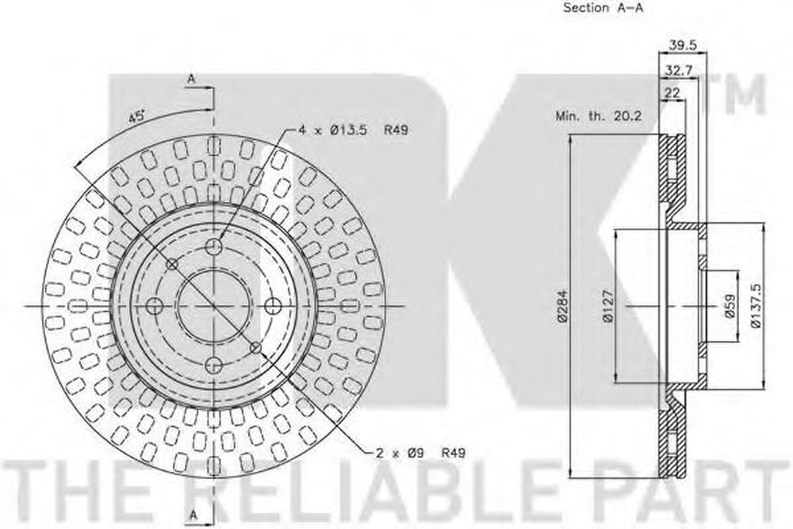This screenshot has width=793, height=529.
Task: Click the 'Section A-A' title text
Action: [x=603, y=8]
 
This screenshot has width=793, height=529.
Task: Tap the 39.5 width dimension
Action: [x=683, y=45]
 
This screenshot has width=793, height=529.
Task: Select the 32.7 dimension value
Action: [x=678, y=71]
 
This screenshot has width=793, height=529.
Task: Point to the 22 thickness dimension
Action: [x=672, y=93]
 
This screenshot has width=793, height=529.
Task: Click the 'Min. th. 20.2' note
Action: [x=598, y=116]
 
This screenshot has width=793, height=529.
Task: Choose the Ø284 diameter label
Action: [x=563, y=306]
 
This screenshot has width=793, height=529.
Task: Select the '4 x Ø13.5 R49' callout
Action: [x=353, y=130]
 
